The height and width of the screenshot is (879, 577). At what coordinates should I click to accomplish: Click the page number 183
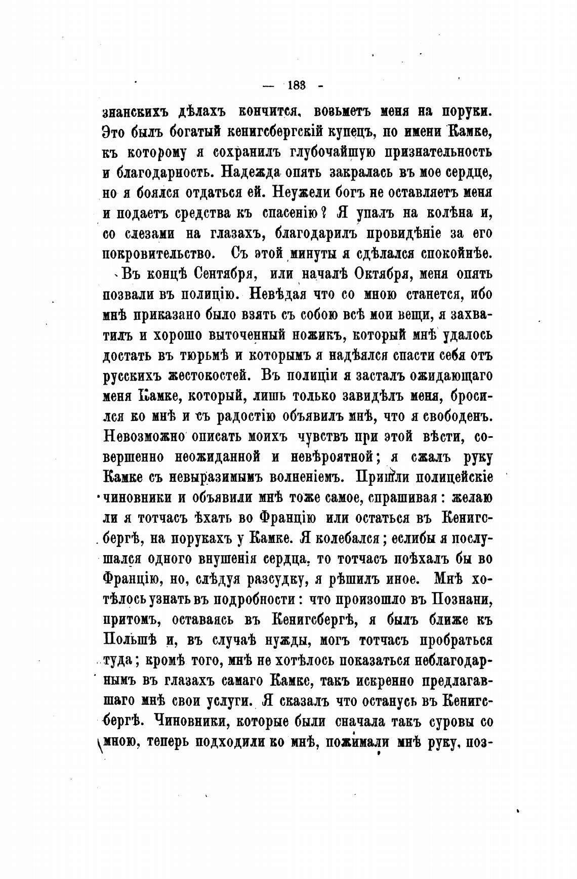coord(296,86)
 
